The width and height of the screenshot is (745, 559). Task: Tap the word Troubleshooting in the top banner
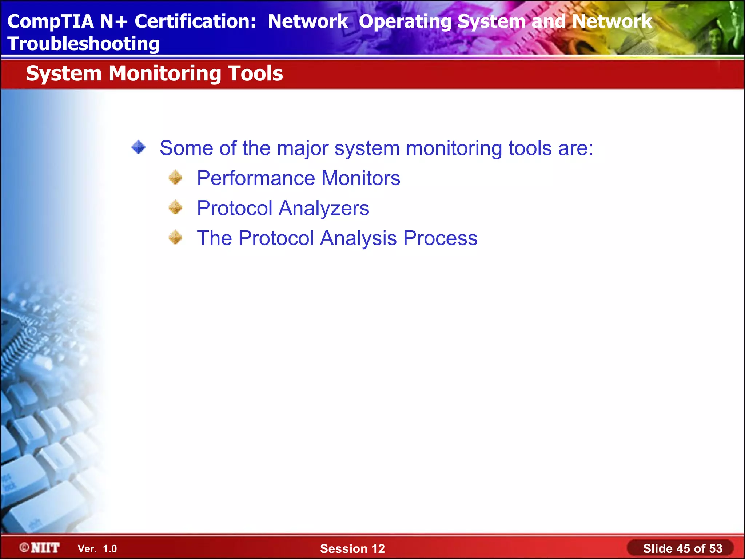(x=83, y=44)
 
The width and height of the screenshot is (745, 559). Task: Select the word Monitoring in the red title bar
(x=165, y=74)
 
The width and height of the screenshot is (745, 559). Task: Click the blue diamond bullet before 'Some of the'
(x=139, y=148)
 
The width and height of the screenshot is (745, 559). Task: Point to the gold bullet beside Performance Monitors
(x=176, y=178)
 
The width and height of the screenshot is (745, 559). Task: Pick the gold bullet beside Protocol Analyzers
(x=176, y=207)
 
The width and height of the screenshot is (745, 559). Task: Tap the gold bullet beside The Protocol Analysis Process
(x=176, y=238)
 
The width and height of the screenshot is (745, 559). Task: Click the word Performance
(x=256, y=178)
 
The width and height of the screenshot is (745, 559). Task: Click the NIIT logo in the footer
(x=40, y=548)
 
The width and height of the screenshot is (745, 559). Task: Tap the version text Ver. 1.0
(x=97, y=549)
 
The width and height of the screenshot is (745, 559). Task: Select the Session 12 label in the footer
(x=352, y=548)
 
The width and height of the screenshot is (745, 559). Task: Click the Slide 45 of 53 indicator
(x=682, y=548)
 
